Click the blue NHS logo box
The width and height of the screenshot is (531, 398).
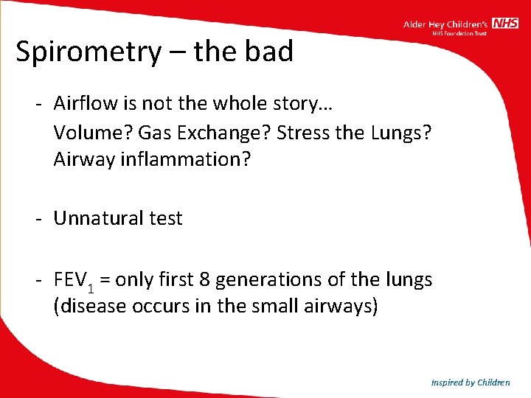pos(505,24)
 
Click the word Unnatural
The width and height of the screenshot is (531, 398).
pos(99,218)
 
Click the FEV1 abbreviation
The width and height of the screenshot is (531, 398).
pos(74,281)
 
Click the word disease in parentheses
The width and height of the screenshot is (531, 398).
pos(91,307)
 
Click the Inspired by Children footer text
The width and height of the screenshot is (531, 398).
pos(471,382)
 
